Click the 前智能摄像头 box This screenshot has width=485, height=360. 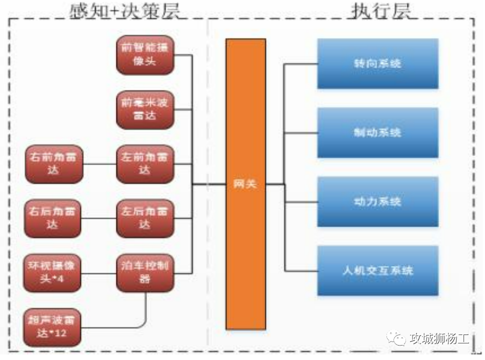click(x=145, y=55)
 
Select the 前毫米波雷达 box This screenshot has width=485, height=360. click(x=145, y=109)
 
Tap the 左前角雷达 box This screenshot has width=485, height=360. click(x=145, y=164)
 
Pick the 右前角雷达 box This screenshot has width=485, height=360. click(x=53, y=164)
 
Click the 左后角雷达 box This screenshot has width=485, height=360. click(x=145, y=218)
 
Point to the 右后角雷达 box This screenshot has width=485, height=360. click(x=53, y=218)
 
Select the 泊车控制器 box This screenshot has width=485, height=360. click(x=145, y=273)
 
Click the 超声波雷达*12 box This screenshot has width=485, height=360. click(x=52, y=327)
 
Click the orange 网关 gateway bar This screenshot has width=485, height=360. click(x=245, y=184)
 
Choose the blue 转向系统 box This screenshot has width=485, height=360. click(x=377, y=64)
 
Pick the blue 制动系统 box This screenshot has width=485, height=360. click(x=377, y=133)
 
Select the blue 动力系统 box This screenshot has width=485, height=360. click(x=377, y=202)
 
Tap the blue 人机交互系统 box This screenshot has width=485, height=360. click(x=377, y=271)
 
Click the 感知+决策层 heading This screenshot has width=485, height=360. click(x=124, y=10)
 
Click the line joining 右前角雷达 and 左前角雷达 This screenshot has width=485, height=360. click(x=99, y=164)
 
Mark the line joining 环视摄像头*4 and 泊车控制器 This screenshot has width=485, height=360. click(x=99, y=273)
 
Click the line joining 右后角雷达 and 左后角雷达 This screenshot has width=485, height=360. click(x=99, y=218)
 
